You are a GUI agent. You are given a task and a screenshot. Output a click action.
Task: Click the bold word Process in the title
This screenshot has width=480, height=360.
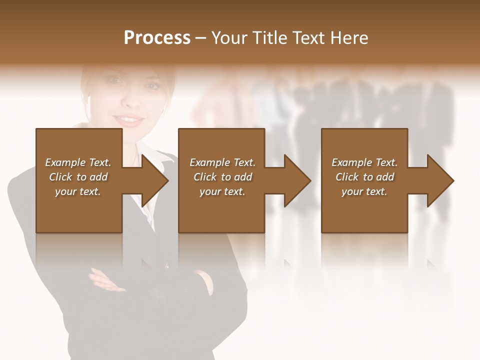pyautogui.click(x=157, y=38)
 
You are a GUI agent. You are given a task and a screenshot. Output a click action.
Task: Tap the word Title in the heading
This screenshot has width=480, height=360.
pyautogui.click(x=270, y=38)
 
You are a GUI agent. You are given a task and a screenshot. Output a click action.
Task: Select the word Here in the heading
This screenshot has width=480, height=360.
pyautogui.click(x=349, y=38)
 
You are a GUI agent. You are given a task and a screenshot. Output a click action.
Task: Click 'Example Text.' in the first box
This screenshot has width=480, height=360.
pyautogui.click(x=78, y=162)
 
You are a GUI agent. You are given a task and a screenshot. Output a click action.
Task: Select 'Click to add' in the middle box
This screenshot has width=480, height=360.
pyautogui.click(x=222, y=177)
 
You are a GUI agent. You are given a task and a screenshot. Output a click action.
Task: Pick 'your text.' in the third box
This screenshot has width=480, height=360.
pyautogui.click(x=364, y=191)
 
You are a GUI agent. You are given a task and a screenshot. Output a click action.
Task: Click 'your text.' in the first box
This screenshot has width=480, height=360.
pyautogui.click(x=78, y=191)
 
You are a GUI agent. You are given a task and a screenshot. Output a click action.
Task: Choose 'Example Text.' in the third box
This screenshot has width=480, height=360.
pyautogui.click(x=364, y=162)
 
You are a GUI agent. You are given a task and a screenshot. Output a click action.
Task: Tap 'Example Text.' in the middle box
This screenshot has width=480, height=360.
pyautogui.click(x=222, y=162)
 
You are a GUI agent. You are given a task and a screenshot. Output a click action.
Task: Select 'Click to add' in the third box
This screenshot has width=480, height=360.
pyautogui.click(x=364, y=177)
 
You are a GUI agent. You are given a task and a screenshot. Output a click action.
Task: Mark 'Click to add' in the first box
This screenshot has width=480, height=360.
pyautogui.click(x=78, y=177)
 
